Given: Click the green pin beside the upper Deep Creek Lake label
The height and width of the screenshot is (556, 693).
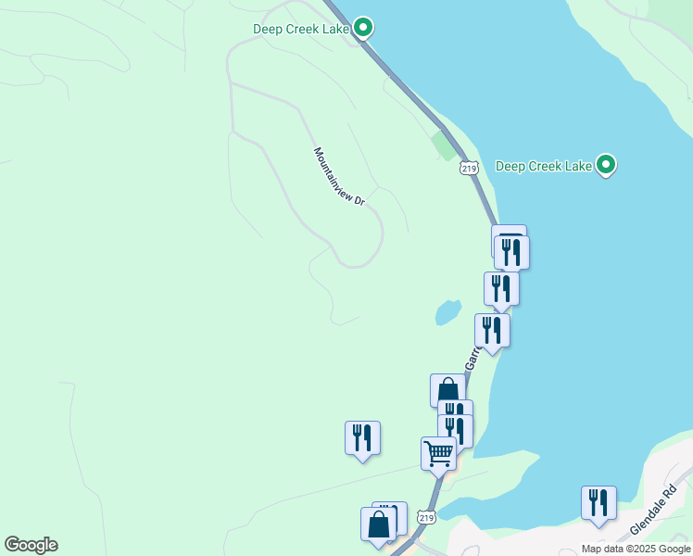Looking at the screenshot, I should coord(364,28).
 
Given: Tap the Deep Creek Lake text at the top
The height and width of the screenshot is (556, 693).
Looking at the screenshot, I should coord(300,29).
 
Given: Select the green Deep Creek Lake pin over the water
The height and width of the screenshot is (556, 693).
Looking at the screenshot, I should coord(606,166).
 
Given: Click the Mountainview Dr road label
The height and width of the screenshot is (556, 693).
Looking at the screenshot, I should coord(339,177).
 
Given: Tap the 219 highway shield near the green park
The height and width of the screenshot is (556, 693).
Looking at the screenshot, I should coord(468,167).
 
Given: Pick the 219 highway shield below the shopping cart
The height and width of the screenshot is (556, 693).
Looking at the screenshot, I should coord(425,516).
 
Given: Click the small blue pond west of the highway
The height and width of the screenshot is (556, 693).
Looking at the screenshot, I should coord(447,312).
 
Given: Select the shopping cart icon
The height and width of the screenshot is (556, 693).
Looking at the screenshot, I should coord(438,454).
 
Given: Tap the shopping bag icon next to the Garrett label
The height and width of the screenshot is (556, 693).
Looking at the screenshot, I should coord(447,390).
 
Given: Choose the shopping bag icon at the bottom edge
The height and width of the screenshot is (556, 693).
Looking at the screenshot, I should coord(379,524).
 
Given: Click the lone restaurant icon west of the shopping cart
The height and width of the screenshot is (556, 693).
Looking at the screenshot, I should coord(362,437).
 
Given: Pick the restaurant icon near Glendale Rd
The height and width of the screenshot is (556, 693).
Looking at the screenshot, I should coord(598,502).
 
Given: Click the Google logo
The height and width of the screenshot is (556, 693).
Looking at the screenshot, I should coord(31,545).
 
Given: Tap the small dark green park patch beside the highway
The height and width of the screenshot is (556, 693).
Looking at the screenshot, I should coord(444,145).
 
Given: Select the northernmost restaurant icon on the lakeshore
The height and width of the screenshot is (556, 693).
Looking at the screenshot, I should coord(511,252).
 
